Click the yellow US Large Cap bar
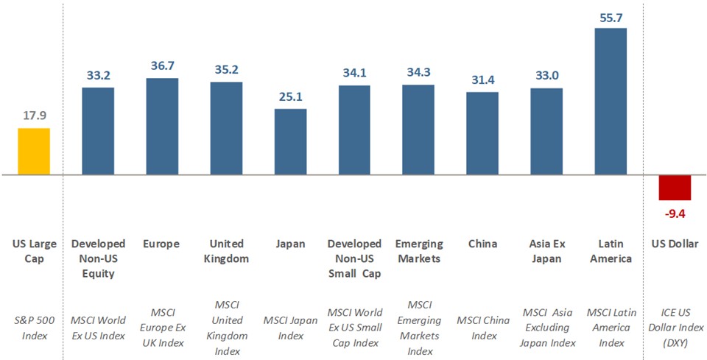pos(34,152)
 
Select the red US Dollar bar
pos(675,188)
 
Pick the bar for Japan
pos(290,142)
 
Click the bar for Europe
pos(162,127)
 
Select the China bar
pos(482,133)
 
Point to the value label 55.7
pos(611,18)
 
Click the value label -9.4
pos(675,213)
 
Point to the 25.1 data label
pos(290,97)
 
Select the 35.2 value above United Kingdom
pos(226,70)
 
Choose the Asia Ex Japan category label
pos(546,251)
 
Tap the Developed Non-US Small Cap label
pos(354,258)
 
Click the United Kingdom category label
pos(226,251)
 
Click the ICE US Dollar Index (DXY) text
pos(675,328)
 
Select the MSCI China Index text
pos(482,328)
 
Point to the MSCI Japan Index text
pos(290,328)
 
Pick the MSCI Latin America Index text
pos(611,328)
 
